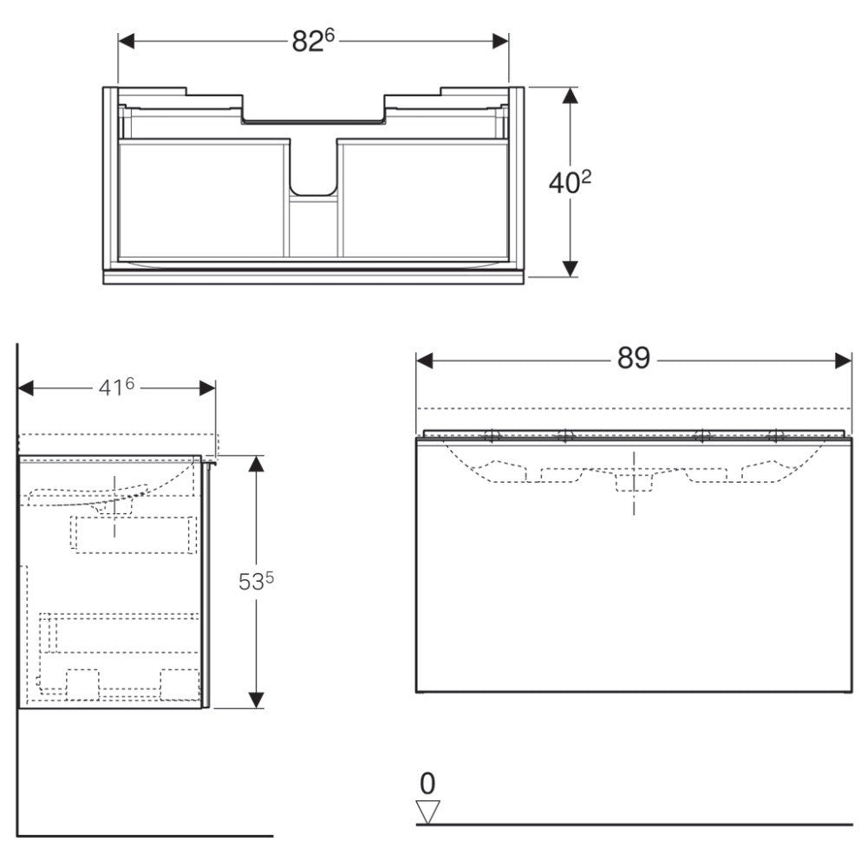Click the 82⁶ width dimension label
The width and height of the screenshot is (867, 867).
(x=314, y=41)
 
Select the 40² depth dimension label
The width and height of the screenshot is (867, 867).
(x=570, y=182)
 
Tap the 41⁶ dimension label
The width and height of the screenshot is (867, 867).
(x=116, y=387)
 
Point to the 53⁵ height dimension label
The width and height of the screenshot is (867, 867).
(x=256, y=581)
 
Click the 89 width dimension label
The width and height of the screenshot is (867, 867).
(x=634, y=358)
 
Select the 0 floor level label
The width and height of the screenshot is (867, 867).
(x=427, y=784)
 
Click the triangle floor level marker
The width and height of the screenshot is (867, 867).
(x=427, y=812)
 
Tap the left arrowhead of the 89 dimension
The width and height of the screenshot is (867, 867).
(x=424, y=362)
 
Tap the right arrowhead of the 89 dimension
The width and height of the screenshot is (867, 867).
(x=844, y=362)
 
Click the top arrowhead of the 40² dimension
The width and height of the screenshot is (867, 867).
(x=570, y=95)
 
